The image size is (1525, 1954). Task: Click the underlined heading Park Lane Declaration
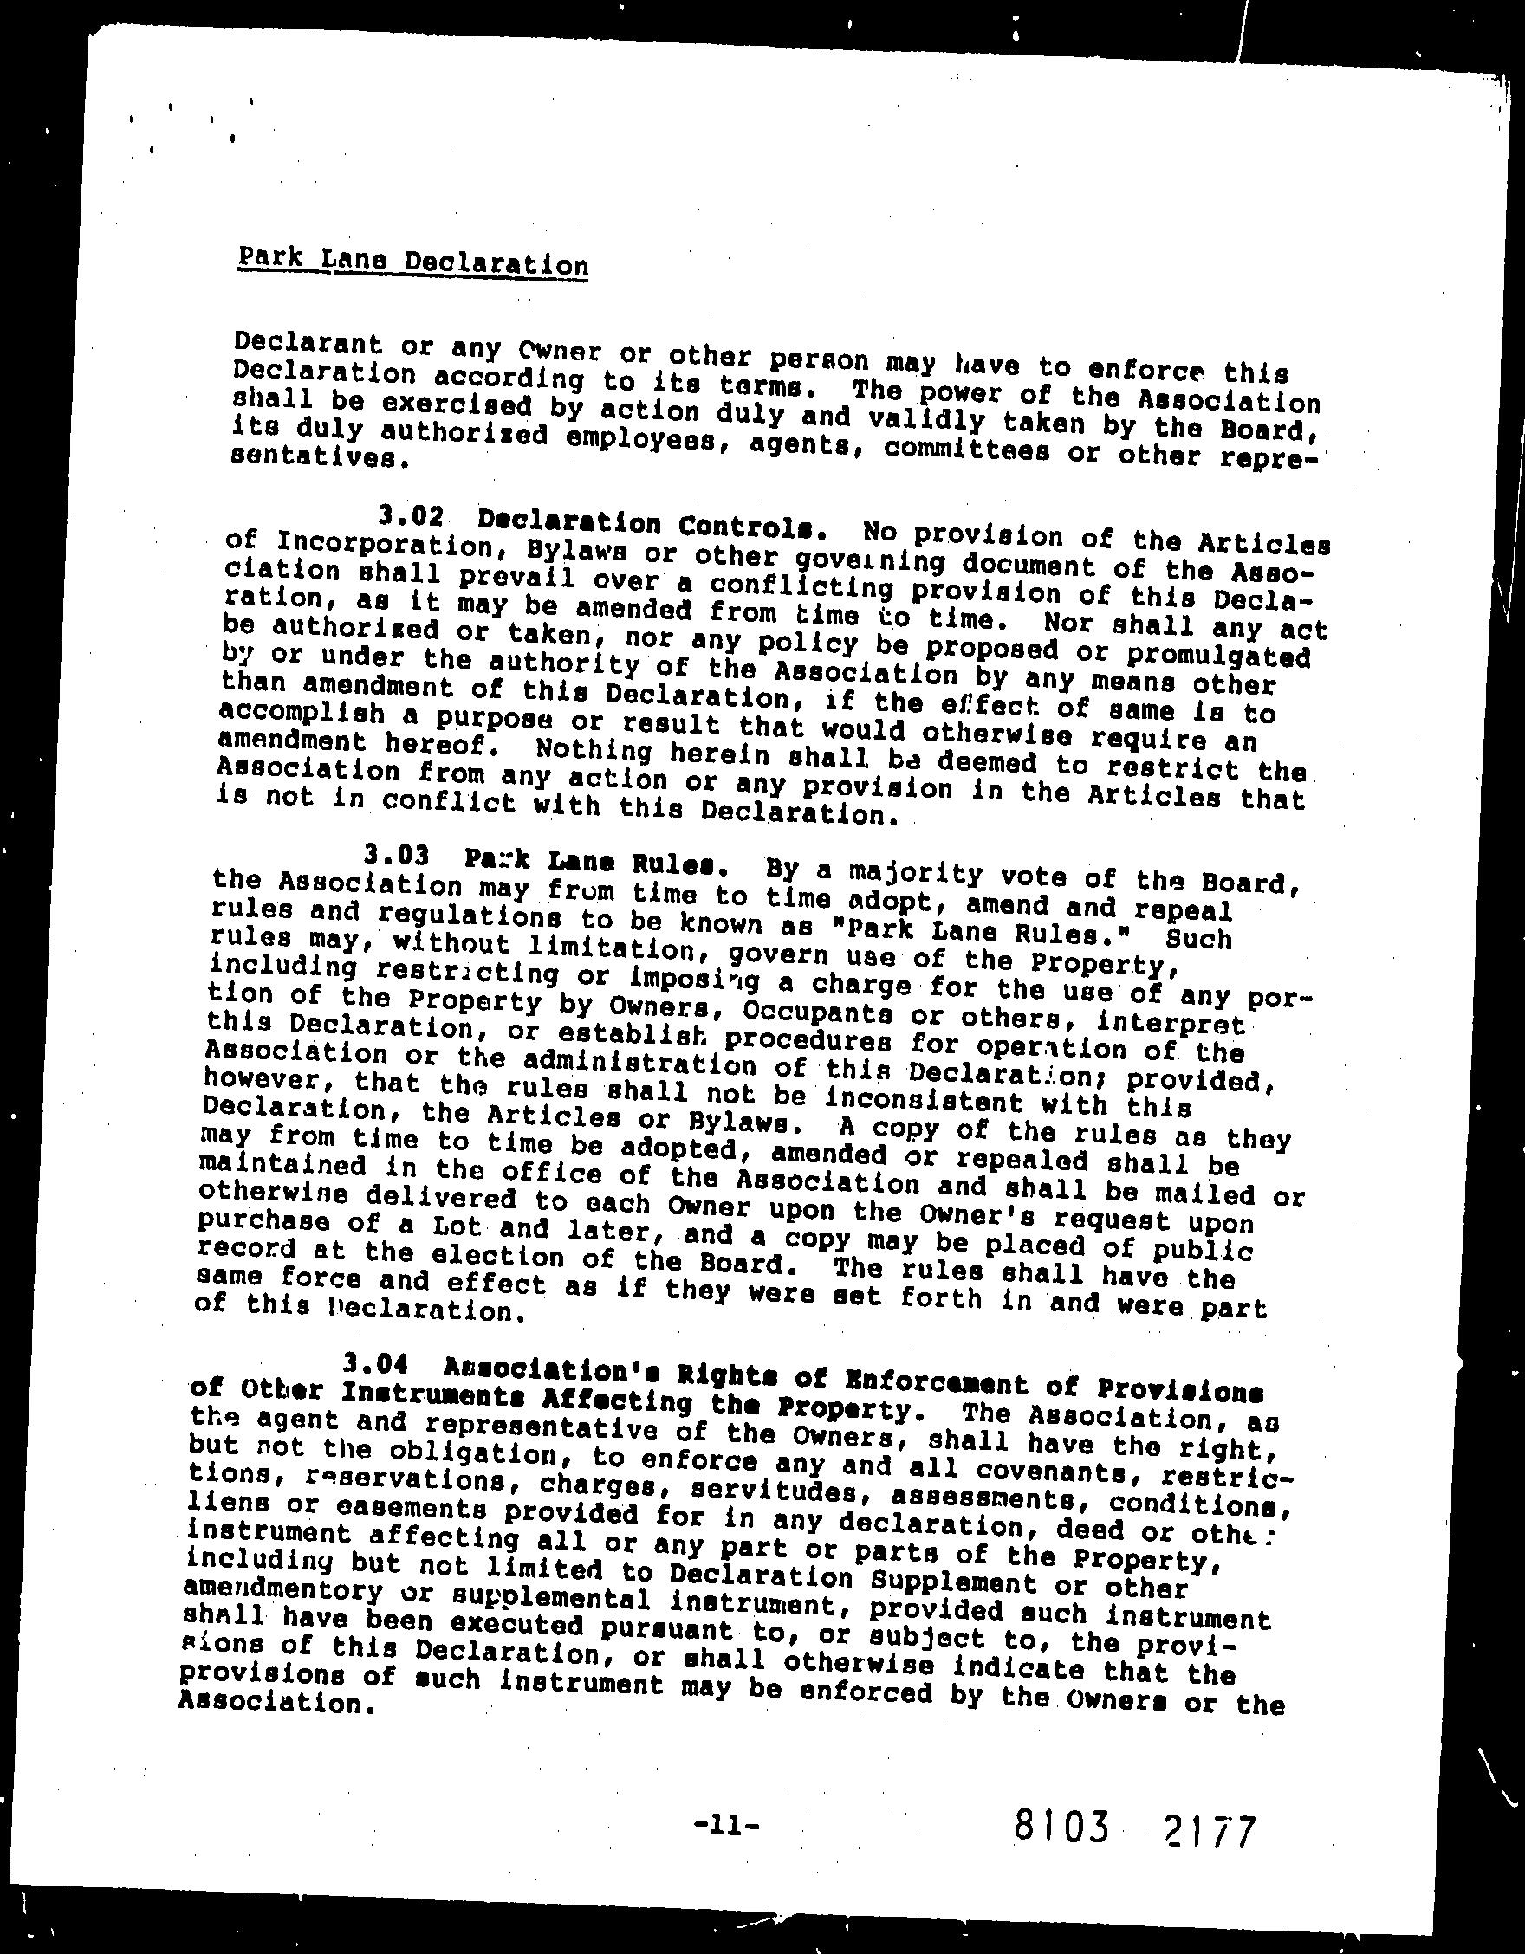coord(412,262)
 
